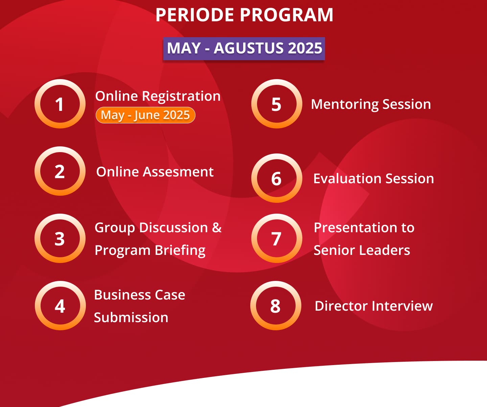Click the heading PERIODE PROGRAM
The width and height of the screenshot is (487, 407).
click(244, 15)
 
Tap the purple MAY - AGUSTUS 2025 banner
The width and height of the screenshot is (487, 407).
click(244, 48)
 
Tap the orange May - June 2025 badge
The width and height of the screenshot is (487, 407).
click(145, 115)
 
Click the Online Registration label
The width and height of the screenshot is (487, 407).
click(158, 96)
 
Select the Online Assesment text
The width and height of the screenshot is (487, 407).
click(155, 172)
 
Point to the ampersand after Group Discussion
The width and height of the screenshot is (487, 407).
click(217, 227)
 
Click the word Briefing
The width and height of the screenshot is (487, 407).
click(180, 250)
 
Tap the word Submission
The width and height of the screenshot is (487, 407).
click(131, 317)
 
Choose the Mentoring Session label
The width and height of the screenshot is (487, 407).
click(371, 104)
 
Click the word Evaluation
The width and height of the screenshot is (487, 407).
click(348, 178)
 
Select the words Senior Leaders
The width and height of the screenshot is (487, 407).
click(362, 250)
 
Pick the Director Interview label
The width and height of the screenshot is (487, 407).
click(374, 306)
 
